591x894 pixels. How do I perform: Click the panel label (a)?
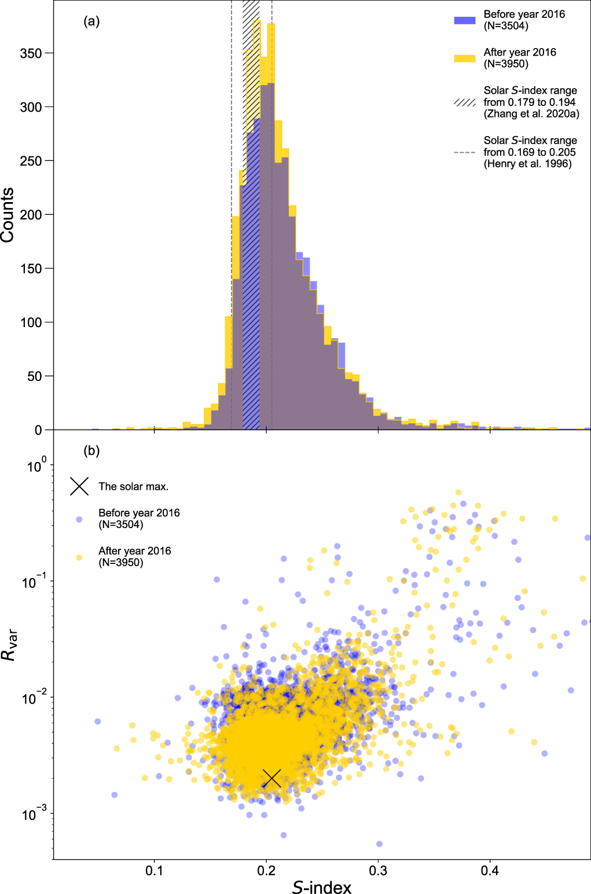click(x=91, y=22)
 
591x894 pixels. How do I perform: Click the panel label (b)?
click(x=91, y=451)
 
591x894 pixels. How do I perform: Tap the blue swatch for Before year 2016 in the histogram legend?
click(x=464, y=20)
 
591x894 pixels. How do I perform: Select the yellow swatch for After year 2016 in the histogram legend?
click(x=464, y=58)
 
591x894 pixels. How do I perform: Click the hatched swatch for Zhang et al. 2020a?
click(x=464, y=102)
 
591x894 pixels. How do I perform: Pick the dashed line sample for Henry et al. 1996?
click(x=464, y=152)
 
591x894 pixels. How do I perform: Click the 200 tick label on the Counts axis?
click(x=31, y=215)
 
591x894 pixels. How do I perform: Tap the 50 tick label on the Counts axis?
click(x=35, y=376)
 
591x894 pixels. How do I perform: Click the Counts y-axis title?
click(x=8, y=215)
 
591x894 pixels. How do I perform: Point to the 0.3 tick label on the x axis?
click(x=378, y=870)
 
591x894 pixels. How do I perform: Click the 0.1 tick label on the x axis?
click(x=154, y=870)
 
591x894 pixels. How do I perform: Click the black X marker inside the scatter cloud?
click(x=272, y=779)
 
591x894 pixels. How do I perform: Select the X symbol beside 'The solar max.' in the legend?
click(x=79, y=486)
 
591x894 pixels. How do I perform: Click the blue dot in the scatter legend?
click(x=79, y=519)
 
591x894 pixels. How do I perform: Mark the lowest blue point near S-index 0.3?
click(x=379, y=844)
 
